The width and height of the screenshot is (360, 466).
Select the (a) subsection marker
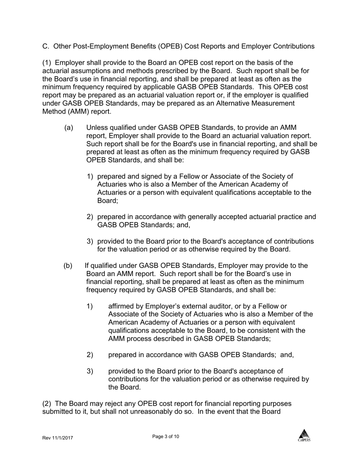pyautogui.click(x=69, y=128)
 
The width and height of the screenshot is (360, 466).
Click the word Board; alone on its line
pyautogui.click(x=108, y=200)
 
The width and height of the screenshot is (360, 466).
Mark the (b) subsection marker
pyautogui.click(x=68, y=265)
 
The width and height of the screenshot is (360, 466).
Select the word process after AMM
pyautogui.click(x=138, y=338)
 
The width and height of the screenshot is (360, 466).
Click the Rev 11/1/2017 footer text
pyautogui.click(x=57, y=438)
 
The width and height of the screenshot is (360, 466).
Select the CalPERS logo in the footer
pyautogui.click(x=304, y=435)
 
